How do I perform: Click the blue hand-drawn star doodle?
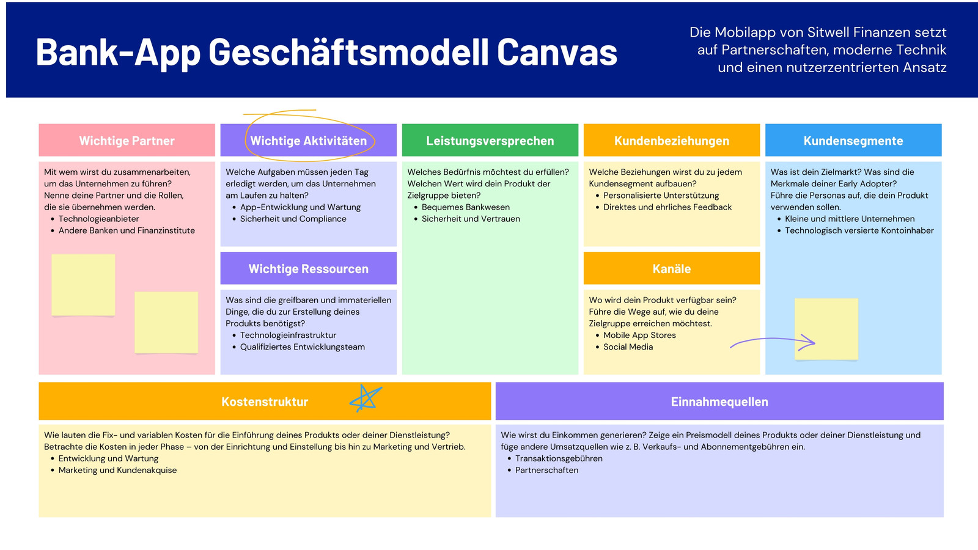[366, 398]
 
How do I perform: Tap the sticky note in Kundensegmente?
[826, 329]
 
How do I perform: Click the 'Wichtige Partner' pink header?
[127, 140]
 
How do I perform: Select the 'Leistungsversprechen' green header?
[490, 140]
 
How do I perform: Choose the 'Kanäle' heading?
[672, 268]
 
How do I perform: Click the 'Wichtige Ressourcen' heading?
[308, 268]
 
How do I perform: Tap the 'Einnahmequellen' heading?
[719, 402]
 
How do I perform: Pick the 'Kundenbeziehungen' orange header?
[672, 140]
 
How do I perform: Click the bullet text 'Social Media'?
[628, 347]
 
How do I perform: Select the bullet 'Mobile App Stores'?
[639, 335]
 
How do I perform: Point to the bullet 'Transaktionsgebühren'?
[559, 458]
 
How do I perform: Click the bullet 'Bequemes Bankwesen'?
[465, 207]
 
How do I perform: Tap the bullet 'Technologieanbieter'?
[98, 219]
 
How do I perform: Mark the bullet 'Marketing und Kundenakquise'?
[117, 470]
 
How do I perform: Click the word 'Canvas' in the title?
[557, 53]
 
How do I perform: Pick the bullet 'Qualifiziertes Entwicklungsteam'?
[302, 347]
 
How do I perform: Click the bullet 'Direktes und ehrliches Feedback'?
[667, 207]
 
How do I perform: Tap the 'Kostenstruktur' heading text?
[265, 402]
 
